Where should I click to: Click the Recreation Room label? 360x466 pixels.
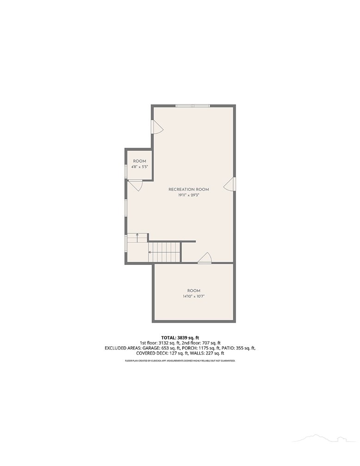(x=189, y=190)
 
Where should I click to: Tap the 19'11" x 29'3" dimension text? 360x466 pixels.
(x=189, y=195)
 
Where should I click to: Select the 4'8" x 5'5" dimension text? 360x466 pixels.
(x=139, y=167)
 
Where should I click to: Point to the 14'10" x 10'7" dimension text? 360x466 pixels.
(x=194, y=296)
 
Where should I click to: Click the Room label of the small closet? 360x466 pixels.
(x=139, y=161)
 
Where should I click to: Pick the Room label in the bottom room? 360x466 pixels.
(x=194, y=291)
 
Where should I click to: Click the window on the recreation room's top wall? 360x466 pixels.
(x=192, y=106)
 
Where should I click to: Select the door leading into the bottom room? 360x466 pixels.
(x=204, y=258)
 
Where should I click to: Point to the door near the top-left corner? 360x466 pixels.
(x=157, y=127)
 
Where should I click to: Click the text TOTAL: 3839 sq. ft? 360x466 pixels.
(x=180, y=337)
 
